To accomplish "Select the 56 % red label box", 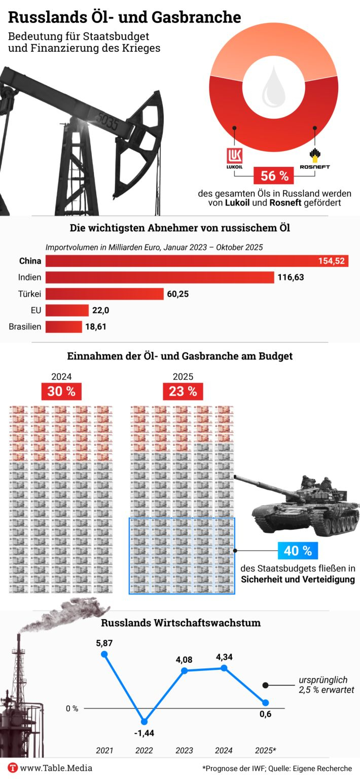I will [x=274, y=176].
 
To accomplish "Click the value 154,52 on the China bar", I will [x=332, y=261].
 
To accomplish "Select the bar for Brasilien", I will [x=64, y=327].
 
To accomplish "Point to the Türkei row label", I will [x=30, y=294].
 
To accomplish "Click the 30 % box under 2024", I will [x=61, y=392].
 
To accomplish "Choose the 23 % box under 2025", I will [x=183, y=392].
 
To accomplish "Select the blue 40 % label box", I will [x=298, y=550].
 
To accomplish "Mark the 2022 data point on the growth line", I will [x=145, y=721].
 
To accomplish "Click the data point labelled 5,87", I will [x=105, y=654].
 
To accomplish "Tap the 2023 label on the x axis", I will [x=184, y=750].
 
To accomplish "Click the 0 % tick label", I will [x=72, y=709].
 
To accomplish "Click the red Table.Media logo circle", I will [x=13, y=768].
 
